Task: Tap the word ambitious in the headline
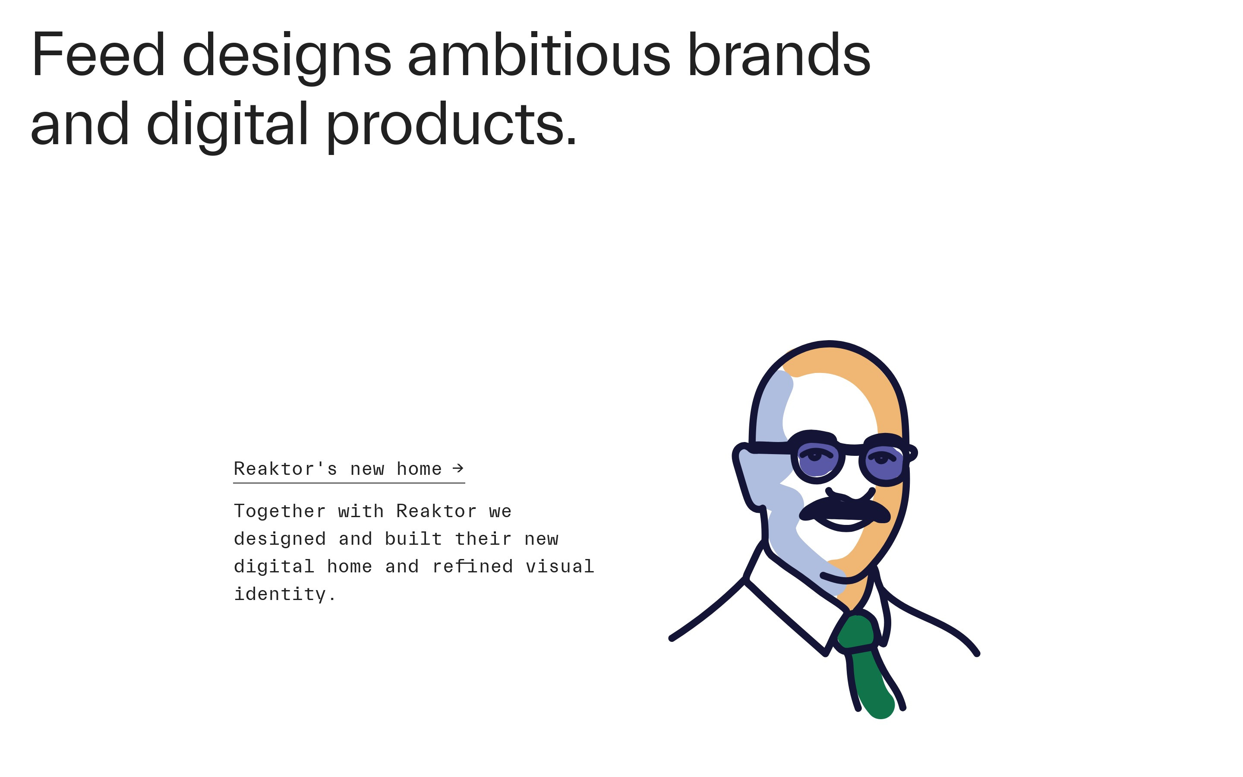pos(539,54)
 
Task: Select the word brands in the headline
pos(779,54)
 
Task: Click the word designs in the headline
pos(287,57)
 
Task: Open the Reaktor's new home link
pos(349,469)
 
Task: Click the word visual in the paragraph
pos(560,566)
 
